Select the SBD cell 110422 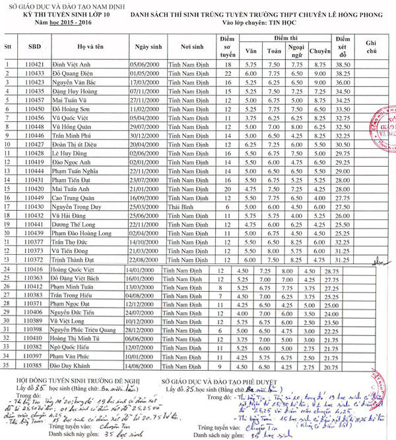coord(34,74)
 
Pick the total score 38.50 coord(342,65)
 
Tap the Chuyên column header coord(319,51)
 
